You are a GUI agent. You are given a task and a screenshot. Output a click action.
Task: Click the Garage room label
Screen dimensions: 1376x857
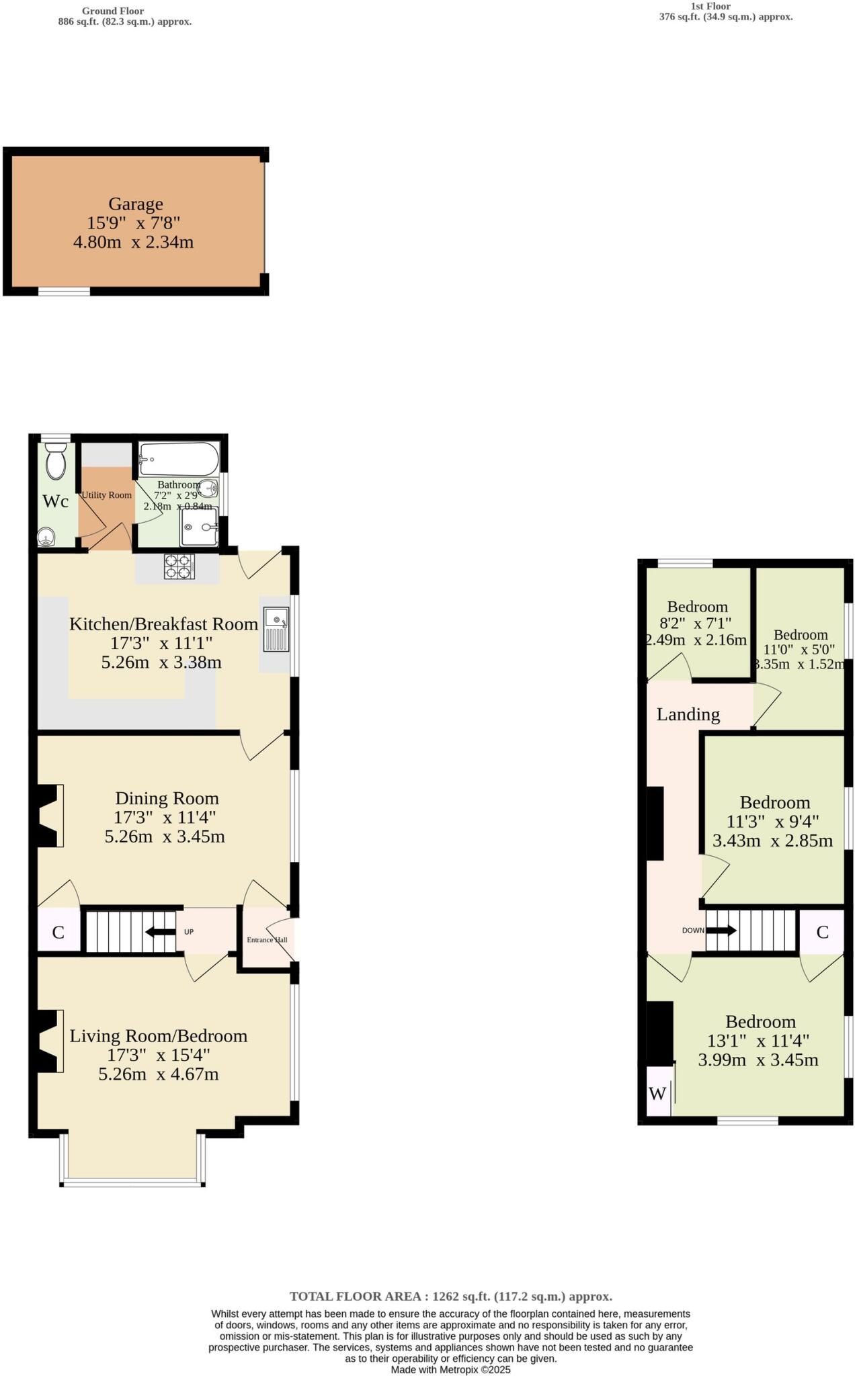coord(136,204)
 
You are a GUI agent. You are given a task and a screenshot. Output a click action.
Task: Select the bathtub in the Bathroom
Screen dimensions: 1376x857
coord(179,458)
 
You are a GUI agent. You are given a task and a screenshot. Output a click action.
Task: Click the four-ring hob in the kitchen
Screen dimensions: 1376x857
coord(179,566)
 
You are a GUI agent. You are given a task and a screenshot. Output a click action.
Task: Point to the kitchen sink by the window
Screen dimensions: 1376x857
coord(276,629)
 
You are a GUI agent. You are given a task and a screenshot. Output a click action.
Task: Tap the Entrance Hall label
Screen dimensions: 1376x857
coord(267,939)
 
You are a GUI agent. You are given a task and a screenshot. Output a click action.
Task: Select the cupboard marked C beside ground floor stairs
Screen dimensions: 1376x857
coord(58,932)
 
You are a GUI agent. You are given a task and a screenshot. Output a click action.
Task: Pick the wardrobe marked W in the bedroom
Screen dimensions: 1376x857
coord(658,1093)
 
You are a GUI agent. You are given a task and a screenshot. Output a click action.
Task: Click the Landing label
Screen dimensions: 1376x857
coord(688,714)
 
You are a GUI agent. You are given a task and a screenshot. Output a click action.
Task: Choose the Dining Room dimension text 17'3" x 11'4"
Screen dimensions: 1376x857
coord(165,818)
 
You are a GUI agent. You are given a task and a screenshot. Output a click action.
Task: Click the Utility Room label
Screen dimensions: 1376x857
coord(106,495)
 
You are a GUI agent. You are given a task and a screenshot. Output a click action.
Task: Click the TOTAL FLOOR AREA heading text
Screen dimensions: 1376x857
coord(450,1297)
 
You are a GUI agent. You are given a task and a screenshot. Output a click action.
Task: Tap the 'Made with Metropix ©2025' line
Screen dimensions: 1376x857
coord(450,1369)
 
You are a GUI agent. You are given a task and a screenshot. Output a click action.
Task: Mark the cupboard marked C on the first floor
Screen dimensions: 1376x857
coord(821,932)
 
